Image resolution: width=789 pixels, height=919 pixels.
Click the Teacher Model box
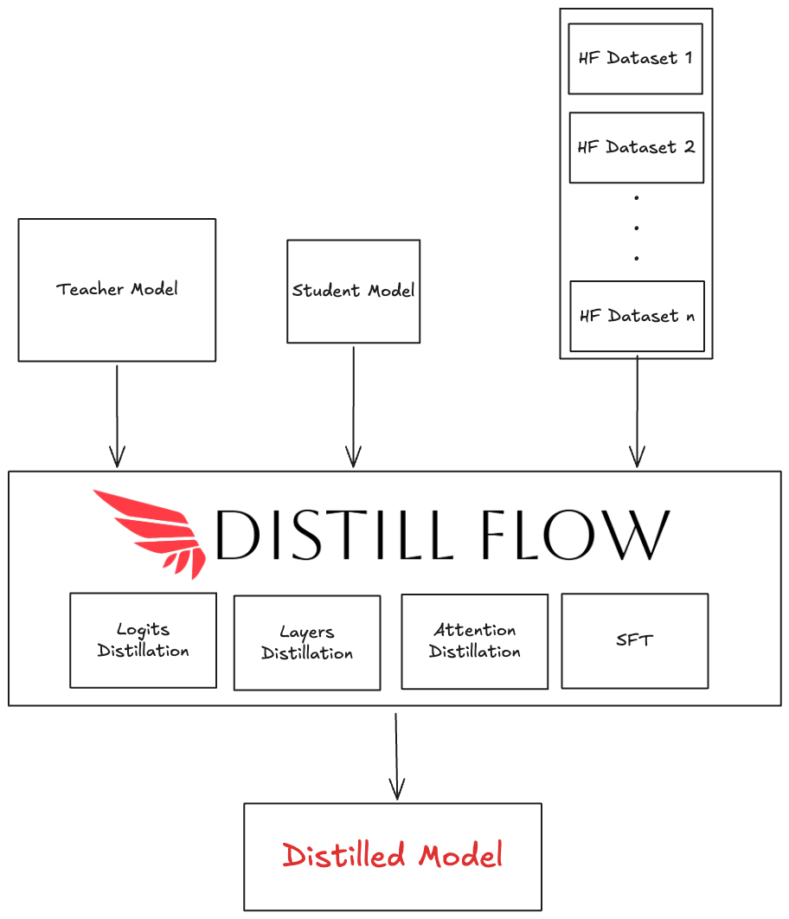pyautogui.click(x=117, y=290)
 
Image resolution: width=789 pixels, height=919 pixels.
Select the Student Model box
pyautogui.click(x=353, y=292)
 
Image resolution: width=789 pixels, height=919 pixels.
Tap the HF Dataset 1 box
pyautogui.click(x=636, y=59)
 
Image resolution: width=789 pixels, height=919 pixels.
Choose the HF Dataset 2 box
pyautogui.click(x=637, y=148)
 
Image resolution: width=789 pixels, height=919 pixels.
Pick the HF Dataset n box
pyautogui.click(x=638, y=317)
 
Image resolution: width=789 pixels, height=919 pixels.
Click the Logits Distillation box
pyautogui.click(x=143, y=640)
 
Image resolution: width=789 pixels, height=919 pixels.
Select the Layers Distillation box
pyautogui.click(x=307, y=643)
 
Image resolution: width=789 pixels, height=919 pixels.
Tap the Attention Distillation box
pyautogui.click(x=474, y=642)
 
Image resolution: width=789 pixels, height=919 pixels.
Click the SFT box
pyautogui.click(x=635, y=641)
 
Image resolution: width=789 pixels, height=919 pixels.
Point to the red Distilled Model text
pyautogui.click(x=393, y=855)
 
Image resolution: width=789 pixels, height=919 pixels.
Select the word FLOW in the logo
pyautogui.click(x=575, y=534)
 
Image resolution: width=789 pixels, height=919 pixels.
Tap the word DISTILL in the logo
pyautogui.click(x=335, y=534)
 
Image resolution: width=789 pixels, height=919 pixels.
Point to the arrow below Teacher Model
pyautogui.click(x=117, y=416)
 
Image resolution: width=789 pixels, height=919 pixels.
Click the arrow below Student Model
pyautogui.click(x=353, y=407)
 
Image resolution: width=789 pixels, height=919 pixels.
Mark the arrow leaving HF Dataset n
pyautogui.click(x=638, y=411)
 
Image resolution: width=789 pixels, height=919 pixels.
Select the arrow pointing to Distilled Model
pyautogui.click(x=396, y=756)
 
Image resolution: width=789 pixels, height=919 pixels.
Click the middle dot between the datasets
pyautogui.click(x=637, y=228)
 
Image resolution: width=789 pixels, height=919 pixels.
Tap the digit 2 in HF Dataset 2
pyautogui.click(x=690, y=146)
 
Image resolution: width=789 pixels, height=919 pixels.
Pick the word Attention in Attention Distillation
pyautogui.click(x=475, y=630)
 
